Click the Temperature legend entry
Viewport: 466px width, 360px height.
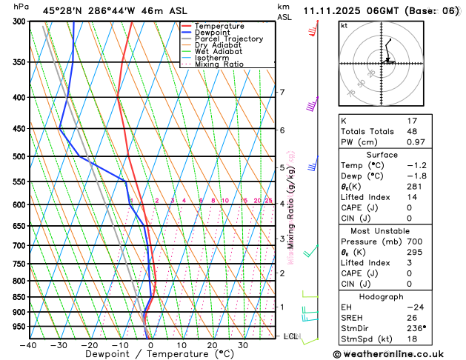click(x=219, y=26)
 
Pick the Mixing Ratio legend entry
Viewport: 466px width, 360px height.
click(x=219, y=64)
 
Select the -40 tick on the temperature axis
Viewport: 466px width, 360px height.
click(x=28, y=345)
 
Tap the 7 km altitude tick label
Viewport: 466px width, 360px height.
click(x=282, y=93)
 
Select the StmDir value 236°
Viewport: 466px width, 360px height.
click(x=418, y=328)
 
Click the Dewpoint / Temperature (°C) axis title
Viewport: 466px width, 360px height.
click(x=149, y=355)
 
